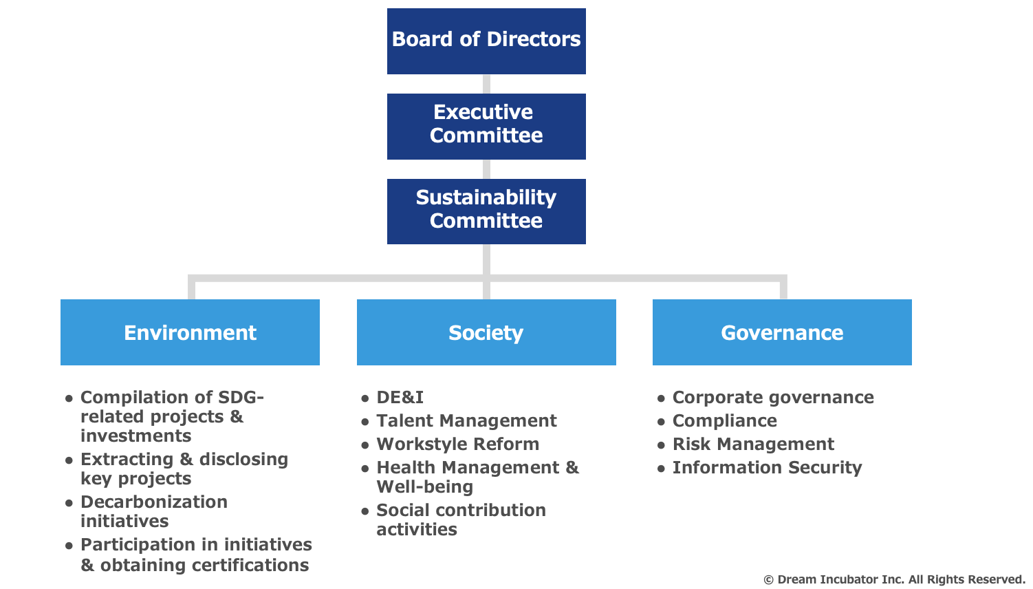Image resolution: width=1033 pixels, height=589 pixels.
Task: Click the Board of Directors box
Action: point(486,41)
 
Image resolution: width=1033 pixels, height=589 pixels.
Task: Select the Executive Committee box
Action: point(486,127)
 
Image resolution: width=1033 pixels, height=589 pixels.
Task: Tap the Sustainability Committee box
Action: point(486,211)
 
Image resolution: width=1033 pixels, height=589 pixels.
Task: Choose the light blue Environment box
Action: point(190,332)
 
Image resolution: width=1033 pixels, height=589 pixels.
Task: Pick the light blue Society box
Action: point(486,332)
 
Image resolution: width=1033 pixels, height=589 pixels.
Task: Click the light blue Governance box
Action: point(782,332)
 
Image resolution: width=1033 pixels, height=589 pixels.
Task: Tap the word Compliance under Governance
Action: point(724,420)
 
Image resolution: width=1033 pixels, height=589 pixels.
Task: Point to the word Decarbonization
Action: point(154,502)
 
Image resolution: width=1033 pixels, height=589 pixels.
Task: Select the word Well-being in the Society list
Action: point(425,487)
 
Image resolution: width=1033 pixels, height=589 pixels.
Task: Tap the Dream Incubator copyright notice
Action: point(894,579)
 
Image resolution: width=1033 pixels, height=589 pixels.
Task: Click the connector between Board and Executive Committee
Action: point(486,84)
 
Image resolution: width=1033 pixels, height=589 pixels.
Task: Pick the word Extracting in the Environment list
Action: point(127,460)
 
